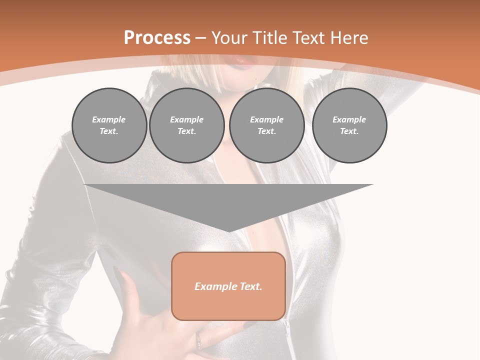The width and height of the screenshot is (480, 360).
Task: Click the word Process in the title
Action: coord(157,38)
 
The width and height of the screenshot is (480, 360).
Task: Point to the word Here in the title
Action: coord(349,38)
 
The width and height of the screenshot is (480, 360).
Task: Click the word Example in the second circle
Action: coord(186,119)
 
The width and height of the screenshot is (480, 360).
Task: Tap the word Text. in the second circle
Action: coord(186,131)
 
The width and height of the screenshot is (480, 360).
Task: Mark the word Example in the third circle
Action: coord(266,119)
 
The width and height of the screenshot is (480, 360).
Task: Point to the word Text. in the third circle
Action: coord(266,131)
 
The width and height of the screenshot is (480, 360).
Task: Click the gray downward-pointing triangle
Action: coord(228,200)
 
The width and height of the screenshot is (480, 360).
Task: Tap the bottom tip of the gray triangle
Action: coord(228,230)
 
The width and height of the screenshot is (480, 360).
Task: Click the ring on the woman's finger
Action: coord(199,341)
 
